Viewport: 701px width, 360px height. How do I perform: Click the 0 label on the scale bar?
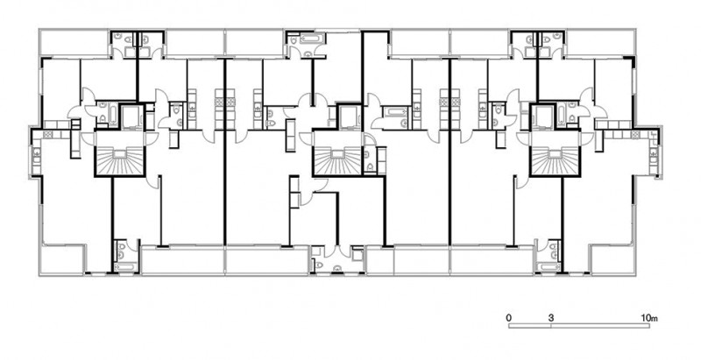pyautogui.click(x=509, y=318)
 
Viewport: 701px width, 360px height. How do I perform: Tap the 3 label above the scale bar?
pyautogui.click(x=551, y=318)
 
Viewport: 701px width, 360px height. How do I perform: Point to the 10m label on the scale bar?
pyautogui.click(x=649, y=318)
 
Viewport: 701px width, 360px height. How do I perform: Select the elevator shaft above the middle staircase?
pyautogui.click(x=349, y=116)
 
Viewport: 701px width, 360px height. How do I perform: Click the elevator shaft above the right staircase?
pyautogui.click(x=542, y=116)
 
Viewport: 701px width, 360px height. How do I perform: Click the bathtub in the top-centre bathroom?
pyautogui.click(x=310, y=39)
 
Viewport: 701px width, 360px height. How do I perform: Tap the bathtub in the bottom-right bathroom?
pyautogui.click(x=549, y=267)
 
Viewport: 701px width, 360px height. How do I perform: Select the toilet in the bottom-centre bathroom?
pyautogui.click(x=318, y=265)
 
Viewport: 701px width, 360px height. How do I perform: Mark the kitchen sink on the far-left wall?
pyautogui.click(x=36, y=156)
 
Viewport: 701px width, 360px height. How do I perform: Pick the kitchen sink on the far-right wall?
pyautogui.click(x=654, y=156)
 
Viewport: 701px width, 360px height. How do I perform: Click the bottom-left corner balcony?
pyautogui.click(x=62, y=258)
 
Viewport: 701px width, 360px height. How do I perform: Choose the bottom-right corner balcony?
pyautogui.click(x=612, y=258)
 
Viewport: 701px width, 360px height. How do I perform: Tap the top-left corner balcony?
pyautogui.click(x=74, y=43)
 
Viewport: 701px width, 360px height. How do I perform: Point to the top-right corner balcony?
pyautogui.click(x=600, y=43)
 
